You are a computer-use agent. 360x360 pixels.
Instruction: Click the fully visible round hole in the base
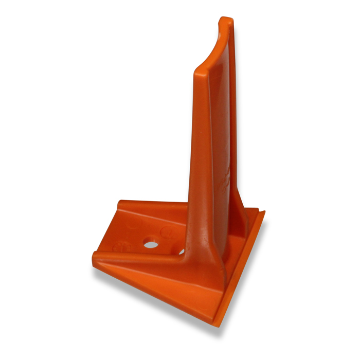[151, 244]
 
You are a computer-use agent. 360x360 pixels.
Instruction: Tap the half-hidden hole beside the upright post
[182, 251]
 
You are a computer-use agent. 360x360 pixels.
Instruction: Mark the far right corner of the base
[263, 211]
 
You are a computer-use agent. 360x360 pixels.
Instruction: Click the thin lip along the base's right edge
[242, 267]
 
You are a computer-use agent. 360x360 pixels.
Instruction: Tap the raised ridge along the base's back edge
[154, 205]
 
